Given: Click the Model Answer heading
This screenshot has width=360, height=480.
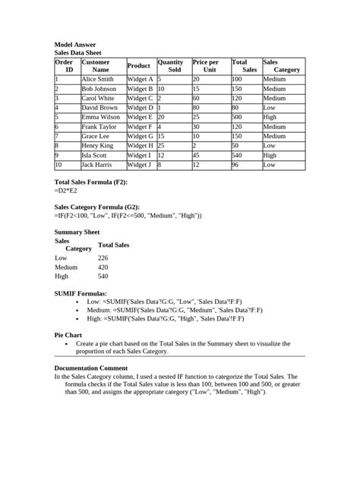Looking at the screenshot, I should coord(75,46).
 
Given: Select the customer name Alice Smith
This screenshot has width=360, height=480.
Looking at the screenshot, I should coord(97,79).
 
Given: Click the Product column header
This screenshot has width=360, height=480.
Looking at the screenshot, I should coord(139,66).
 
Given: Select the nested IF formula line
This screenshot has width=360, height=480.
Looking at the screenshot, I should coord(128,216).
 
